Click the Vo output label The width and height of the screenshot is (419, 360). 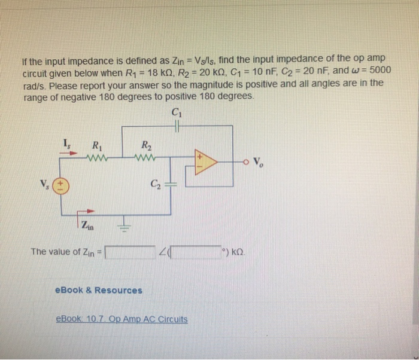coord(258,161)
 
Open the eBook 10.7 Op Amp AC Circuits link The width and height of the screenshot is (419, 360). coord(121,319)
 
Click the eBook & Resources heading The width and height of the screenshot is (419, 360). coord(98,291)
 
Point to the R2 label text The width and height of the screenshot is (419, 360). coord(146,144)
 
